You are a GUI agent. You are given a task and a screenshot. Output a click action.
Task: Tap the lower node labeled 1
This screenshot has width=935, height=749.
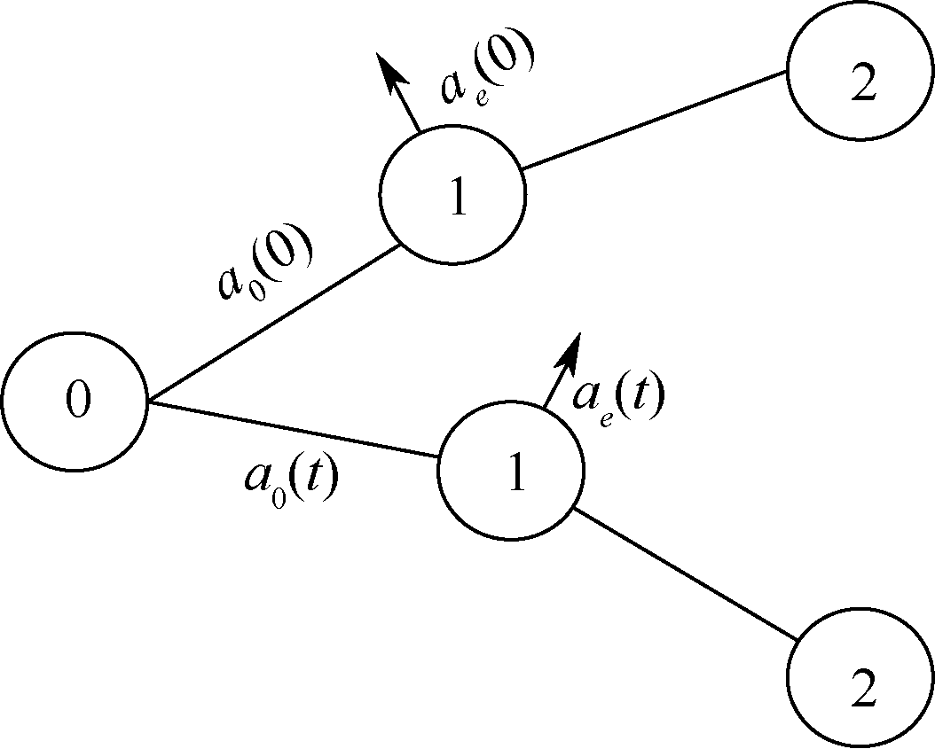coord(512,472)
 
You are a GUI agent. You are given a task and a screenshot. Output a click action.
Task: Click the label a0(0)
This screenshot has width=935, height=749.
coord(265,266)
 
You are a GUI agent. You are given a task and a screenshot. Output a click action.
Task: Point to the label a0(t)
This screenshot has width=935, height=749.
coord(289,480)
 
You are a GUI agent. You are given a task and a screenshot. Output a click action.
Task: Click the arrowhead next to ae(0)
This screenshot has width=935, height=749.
coord(388,68)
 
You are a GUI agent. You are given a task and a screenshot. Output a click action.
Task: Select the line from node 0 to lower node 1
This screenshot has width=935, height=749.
coord(293,431)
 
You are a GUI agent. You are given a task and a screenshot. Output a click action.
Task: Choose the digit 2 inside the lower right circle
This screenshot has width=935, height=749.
coord(862,690)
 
